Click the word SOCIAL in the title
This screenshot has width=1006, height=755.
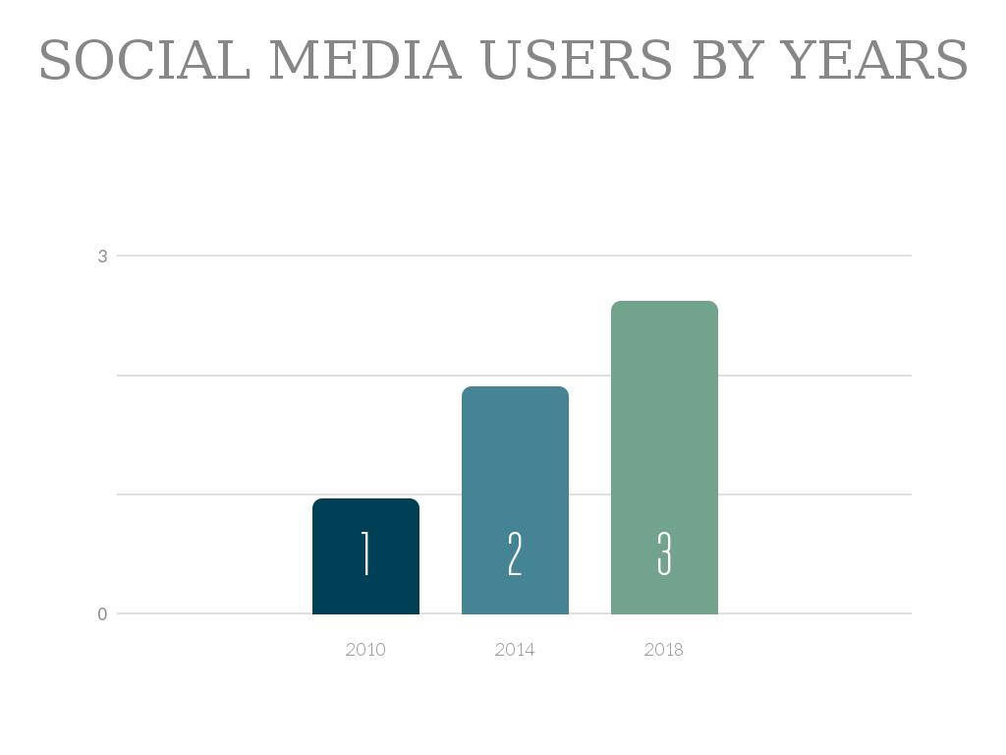click(x=144, y=61)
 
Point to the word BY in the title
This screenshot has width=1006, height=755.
click(x=727, y=61)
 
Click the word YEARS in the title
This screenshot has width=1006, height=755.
click(x=874, y=61)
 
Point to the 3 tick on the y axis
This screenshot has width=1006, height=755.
click(x=102, y=257)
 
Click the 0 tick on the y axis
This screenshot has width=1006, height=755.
click(x=102, y=614)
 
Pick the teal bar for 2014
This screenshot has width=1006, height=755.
click(x=515, y=462)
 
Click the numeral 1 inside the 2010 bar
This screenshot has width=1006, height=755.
click(x=365, y=553)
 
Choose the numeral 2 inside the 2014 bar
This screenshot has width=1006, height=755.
click(x=515, y=553)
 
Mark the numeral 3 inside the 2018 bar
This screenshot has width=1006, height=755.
click(x=664, y=553)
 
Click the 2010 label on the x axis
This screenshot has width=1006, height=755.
click(x=365, y=650)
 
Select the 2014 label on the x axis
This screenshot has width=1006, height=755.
click(x=515, y=650)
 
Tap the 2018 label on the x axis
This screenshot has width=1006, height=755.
click(x=663, y=650)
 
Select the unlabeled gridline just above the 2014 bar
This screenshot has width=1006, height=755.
click(x=246, y=376)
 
